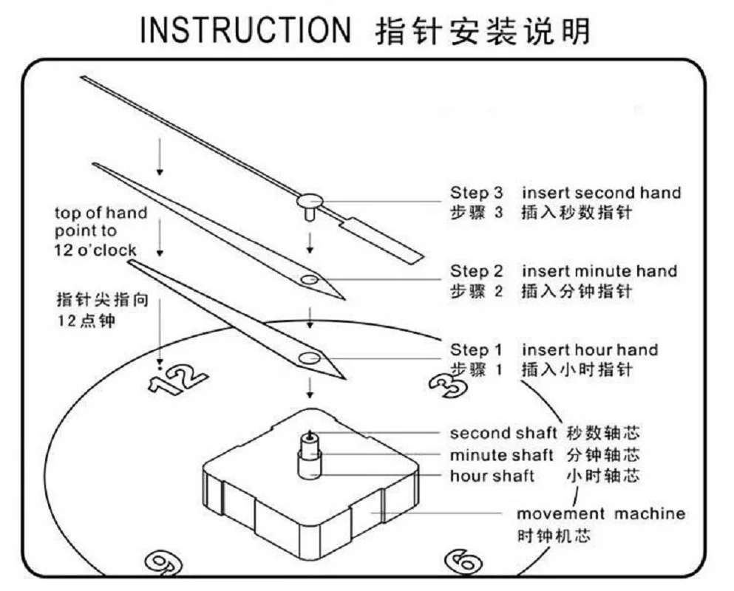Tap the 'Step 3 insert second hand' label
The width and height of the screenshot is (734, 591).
[565, 193]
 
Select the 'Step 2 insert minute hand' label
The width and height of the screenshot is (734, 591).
[563, 271]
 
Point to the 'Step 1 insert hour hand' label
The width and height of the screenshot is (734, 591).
[554, 349]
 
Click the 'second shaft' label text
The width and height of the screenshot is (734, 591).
[503, 433]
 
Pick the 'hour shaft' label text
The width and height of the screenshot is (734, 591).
[492, 476]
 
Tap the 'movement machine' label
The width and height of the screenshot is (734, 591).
[600, 513]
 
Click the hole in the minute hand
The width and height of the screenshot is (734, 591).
[310, 280]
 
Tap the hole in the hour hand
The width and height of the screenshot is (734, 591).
[309, 358]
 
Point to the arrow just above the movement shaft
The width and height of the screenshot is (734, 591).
[310, 387]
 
